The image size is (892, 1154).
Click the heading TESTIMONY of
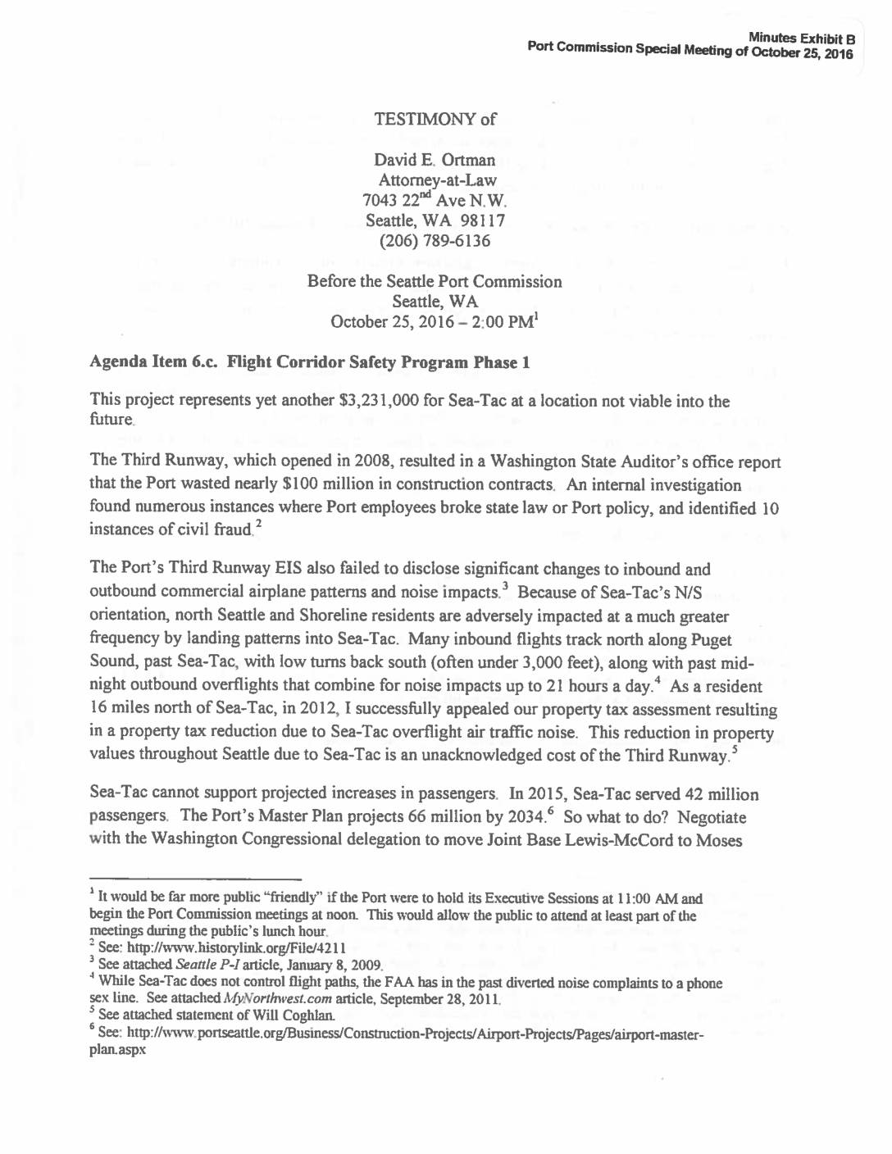coord(435,120)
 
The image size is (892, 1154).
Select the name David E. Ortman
coord(435,160)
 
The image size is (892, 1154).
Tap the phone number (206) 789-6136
coord(435,241)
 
